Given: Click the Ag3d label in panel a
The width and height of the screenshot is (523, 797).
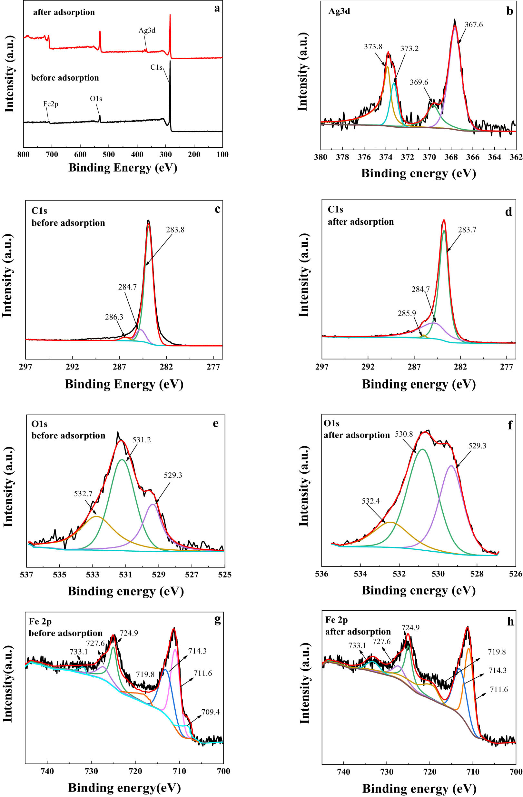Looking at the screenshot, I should [147, 31].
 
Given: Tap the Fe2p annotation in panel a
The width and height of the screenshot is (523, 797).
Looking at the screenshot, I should [51, 104].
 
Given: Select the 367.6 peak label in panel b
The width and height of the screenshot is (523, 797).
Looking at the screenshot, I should [473, 25].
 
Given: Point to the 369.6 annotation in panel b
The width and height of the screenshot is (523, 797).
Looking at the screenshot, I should [419, 83].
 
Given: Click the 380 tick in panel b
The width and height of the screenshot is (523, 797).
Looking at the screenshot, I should [321, 157].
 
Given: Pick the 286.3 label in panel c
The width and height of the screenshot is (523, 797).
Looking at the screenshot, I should [114, 317].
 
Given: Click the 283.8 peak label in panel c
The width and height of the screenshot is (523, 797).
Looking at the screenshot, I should [175, 230].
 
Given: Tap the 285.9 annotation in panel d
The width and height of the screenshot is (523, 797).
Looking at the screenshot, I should [407, 313].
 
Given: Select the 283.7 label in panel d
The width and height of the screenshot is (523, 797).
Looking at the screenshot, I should [467, 230].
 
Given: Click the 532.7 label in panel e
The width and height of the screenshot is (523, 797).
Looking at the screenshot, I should [83, 494].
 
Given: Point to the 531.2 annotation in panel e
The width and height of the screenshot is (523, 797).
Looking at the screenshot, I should [141, 440].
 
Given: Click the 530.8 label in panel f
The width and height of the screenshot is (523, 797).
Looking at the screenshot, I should [404, 434].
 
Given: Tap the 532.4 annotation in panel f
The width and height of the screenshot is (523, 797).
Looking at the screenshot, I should [371, 501].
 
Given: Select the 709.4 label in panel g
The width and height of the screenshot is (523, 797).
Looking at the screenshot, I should [210, 712].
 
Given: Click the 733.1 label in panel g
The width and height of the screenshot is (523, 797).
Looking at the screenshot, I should [79, 652].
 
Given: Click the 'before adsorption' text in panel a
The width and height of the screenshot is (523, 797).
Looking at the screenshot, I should [65, 78].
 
